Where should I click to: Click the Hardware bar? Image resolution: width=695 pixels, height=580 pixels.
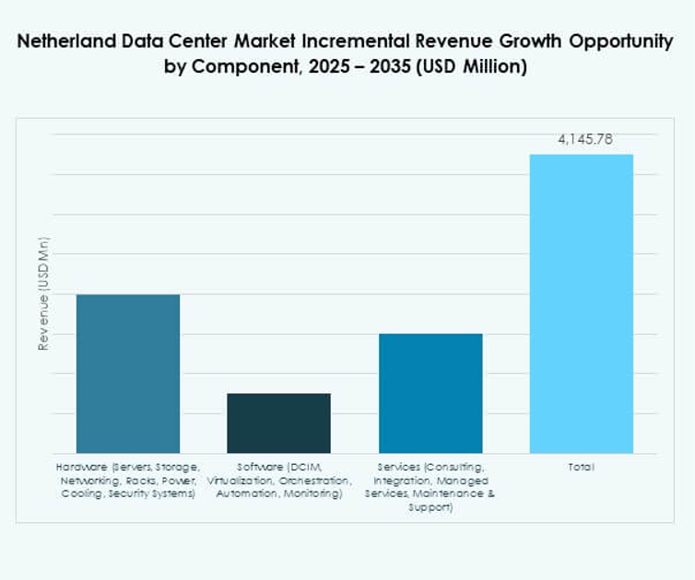pyautogui.click(x=127, y=373)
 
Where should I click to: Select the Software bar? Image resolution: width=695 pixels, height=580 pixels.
pyautogui.click(x=278, y=423)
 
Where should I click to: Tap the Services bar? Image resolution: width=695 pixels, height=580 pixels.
pyautogui.click(x=430, y=393)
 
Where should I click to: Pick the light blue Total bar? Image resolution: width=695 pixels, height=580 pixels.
pyautogui.click(x=581, y=303)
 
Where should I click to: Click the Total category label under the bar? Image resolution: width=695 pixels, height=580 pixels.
pyautogui.click(x=581, y=468)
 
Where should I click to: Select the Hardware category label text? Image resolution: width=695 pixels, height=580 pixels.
pyautogui.click(x=127, y=481)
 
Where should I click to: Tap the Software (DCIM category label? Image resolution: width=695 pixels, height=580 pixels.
pyautogui.click(x=278, y=468)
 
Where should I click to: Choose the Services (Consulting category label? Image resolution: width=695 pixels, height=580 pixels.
pyautogui.click(x=430, y=468)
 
